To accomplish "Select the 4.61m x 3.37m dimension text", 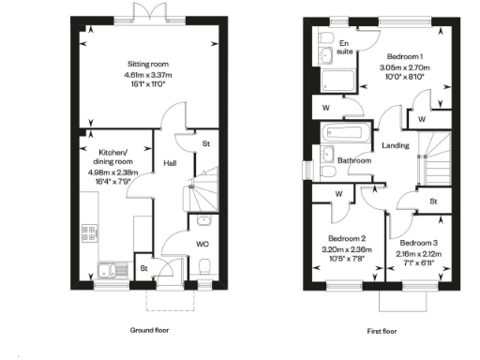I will [x=152, y=76].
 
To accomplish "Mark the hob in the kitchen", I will [x=91, y=232].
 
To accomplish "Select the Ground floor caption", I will [x=152, y=330].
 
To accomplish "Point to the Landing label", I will [x=392, y=143].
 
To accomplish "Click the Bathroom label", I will [x=354, y=160].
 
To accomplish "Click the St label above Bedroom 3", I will [x=433, y=201].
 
